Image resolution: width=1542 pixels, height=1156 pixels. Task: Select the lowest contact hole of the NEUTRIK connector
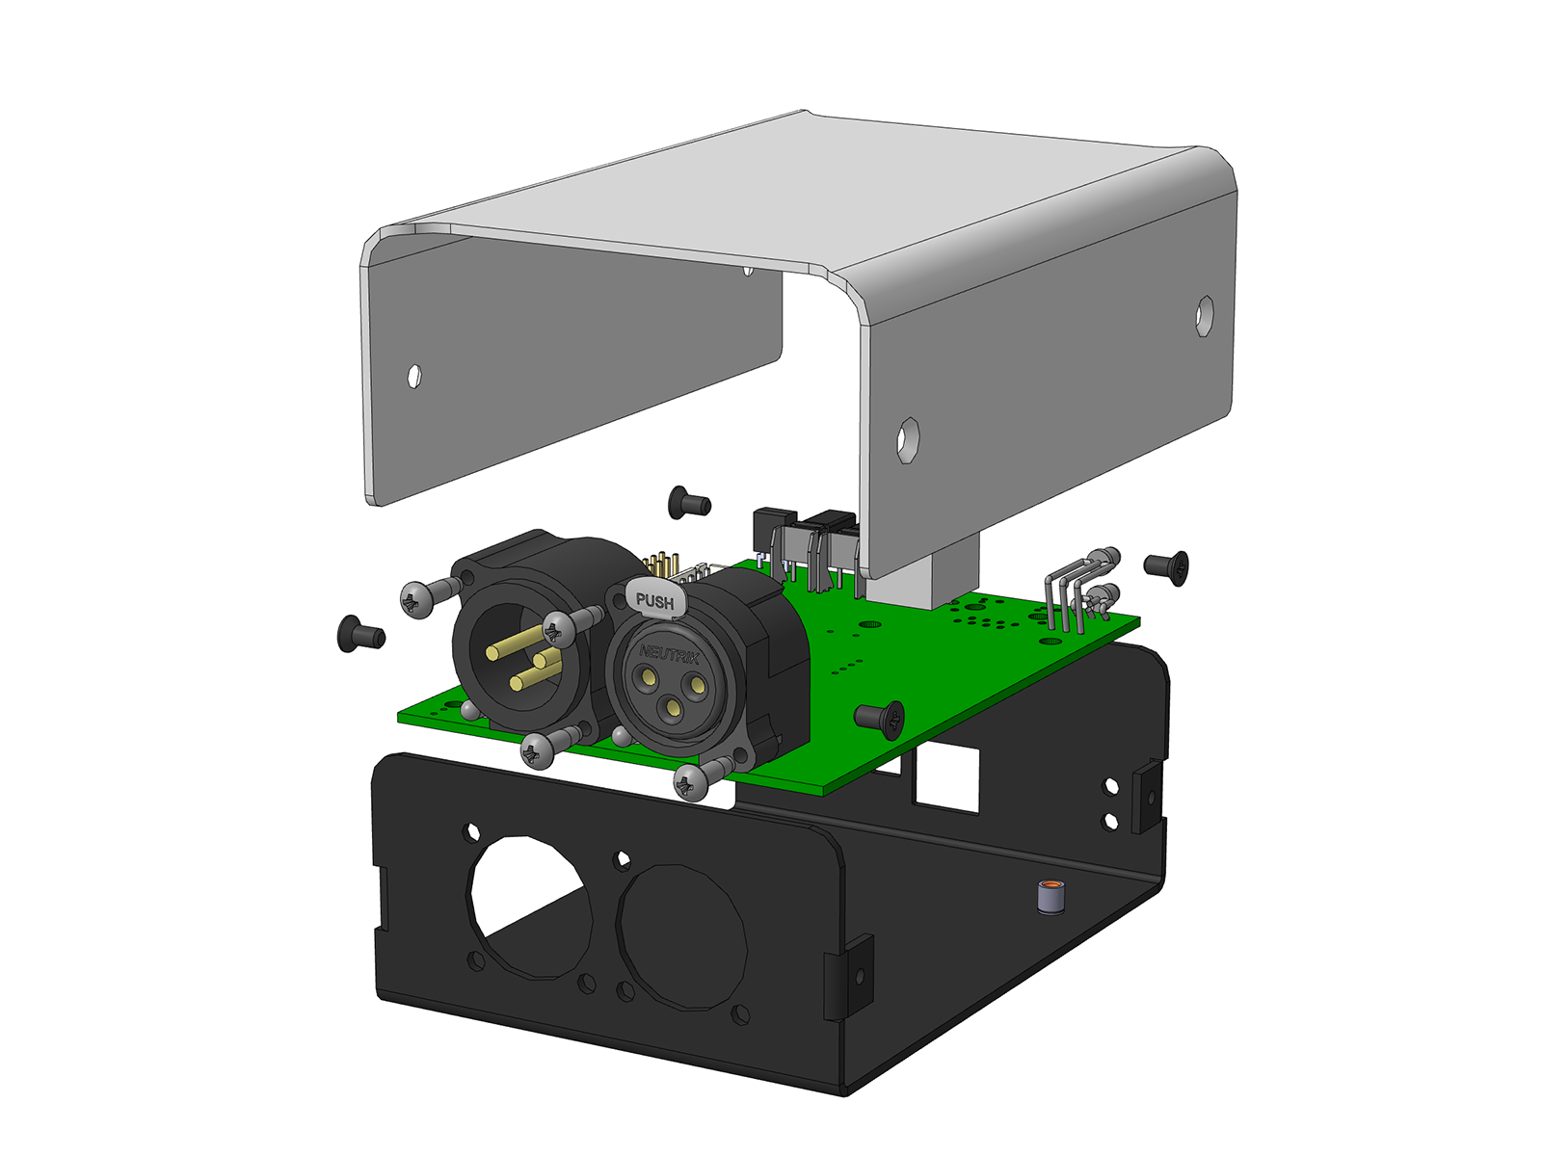pyautogui.click(x=673, y=707)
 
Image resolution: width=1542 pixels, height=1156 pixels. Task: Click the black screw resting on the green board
pyautogui.click(x=879, y=719)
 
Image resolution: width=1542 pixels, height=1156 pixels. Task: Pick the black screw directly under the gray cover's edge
pyautogui.click(x=689, y=503)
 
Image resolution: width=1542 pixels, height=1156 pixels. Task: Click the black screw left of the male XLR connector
pyautogui.click(x=361, y=635)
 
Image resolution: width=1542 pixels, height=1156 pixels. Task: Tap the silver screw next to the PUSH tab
pyautogui.click(x=572, y=625)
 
